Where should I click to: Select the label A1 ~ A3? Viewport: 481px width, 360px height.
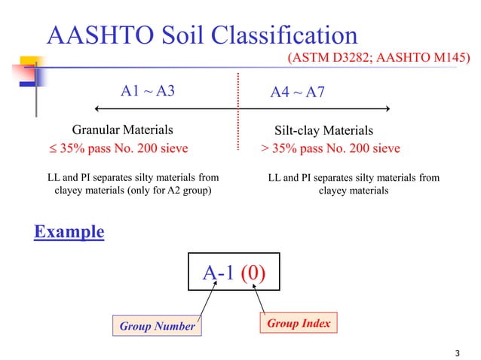pos(148,92)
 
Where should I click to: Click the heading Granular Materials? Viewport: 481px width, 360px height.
pos(117,130)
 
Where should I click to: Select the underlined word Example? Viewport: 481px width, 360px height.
pos(69,231)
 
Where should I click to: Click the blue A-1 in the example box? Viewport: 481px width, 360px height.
pos(219,273)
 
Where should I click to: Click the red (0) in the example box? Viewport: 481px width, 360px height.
pos(253,273)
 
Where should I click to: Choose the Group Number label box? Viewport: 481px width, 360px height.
pos(157,326)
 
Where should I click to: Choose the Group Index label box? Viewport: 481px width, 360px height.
pos(298,323)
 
